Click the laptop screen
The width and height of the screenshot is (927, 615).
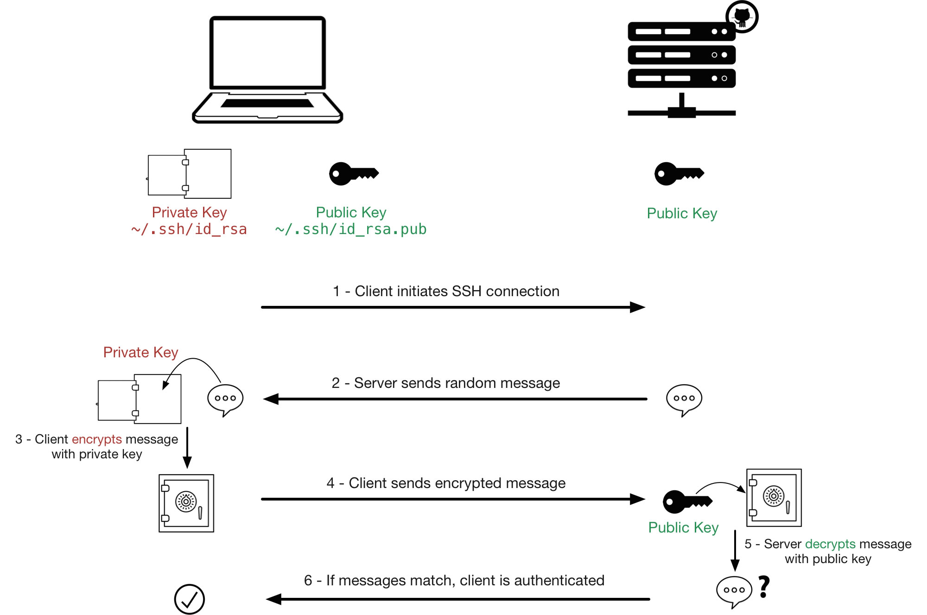pos(267,52)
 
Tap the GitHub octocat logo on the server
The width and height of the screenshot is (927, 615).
pos(742,17)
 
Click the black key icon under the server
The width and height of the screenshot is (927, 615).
pos(679,174)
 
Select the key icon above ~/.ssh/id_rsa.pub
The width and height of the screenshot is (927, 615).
pos(354,174)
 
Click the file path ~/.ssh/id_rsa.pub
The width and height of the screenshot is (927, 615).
pos(350,229)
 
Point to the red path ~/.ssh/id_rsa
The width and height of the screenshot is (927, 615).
pos(189,229)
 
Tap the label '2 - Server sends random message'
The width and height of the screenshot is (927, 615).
pos(445,383)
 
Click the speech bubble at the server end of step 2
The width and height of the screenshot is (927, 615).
pos(684,399)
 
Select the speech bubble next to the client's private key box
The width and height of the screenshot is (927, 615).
pos(225,399)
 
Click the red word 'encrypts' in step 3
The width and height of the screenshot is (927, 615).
pos(97,439)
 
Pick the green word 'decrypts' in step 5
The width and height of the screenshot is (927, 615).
pos(830,544)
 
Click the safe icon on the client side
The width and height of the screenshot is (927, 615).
pos(186,503)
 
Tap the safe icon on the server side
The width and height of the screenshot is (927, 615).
pos(774,498)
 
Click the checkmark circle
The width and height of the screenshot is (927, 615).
pos(190,599)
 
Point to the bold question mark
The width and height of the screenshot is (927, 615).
pos(764,587)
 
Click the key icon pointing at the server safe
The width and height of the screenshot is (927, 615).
pos(687,501)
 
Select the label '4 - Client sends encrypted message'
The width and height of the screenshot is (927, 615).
pos(446,483)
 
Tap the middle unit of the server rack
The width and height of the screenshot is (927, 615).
pos(681,55)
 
